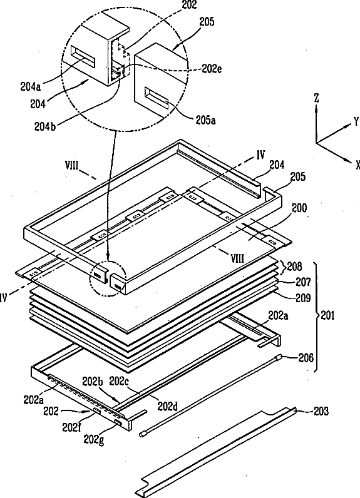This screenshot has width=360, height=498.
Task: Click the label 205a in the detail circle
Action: (205, 120)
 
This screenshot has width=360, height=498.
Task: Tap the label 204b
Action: (45, 126)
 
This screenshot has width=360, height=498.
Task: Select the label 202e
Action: (212, 69)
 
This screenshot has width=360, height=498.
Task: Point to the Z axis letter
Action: (316, 98)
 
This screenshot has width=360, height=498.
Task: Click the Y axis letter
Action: (356, 121)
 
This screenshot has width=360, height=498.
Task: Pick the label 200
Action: (299, 208)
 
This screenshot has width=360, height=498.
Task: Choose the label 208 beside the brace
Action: (294, 266)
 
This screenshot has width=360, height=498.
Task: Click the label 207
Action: (303, 282)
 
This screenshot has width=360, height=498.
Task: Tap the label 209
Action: (303, 298)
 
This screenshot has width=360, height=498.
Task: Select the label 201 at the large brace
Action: (327, 315)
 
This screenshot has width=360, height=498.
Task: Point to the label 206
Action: (306, 358)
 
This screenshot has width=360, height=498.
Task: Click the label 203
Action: (321, 412)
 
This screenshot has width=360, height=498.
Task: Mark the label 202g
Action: (94, 440)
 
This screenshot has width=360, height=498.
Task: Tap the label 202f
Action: (71, 427)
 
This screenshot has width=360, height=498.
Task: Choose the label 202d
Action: (167, 407)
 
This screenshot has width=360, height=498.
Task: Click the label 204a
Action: (31, 87)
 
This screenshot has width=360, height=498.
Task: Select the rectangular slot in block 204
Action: (83, 57)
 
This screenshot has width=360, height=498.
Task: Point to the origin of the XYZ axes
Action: (316, 143)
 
